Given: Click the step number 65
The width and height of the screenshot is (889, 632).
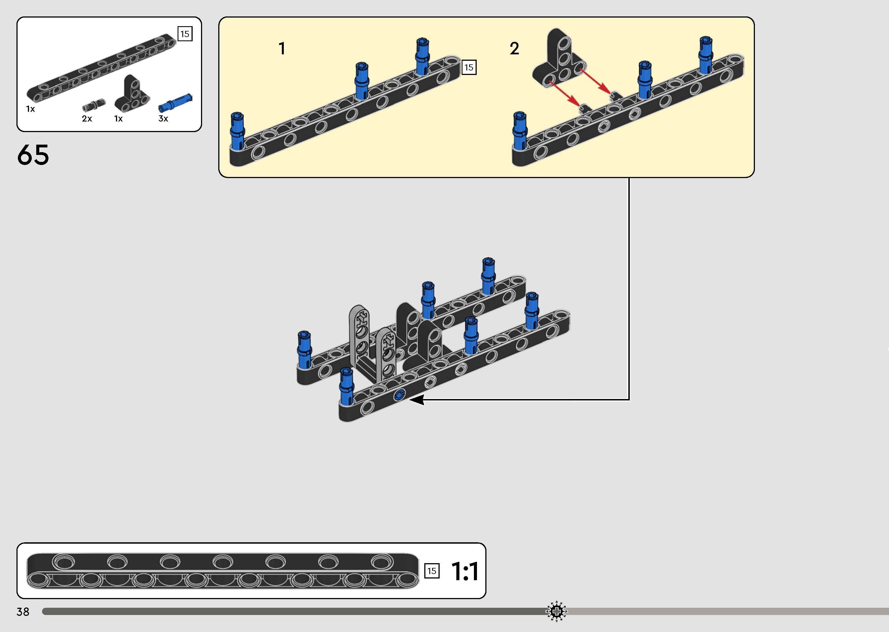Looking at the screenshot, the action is click(x=33, y=155).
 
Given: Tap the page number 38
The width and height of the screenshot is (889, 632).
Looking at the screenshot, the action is click(x=23, y=612).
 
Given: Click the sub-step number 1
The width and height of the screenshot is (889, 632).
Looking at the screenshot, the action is click(x=282, y=49).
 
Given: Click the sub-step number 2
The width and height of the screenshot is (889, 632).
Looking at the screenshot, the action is click(x=514, y=49).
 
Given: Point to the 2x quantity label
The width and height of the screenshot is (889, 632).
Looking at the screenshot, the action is click(x=87, y=119).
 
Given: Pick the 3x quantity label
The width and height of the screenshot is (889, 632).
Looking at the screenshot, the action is click(x=163, y=119).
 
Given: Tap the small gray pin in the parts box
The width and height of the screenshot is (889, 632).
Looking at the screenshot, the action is click(x=94, y=105).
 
